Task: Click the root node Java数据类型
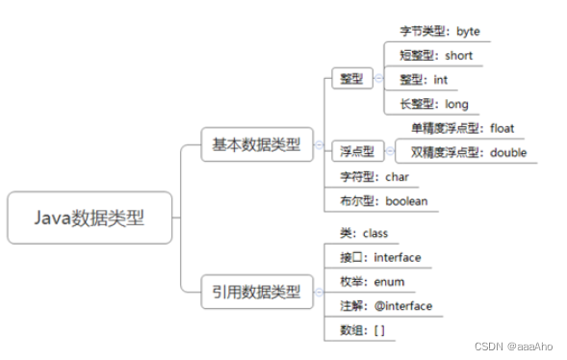coord(90,218)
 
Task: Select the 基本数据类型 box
coord(256,145)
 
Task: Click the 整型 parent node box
coord(350,79)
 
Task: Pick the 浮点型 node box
coord(357,151)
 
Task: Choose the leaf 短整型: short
coord(435,55)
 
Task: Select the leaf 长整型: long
coord(432,103)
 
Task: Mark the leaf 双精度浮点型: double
coord(468,151)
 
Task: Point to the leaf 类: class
coord(362,234)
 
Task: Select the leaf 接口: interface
coord(380,257)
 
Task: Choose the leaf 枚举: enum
coord(372,281)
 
